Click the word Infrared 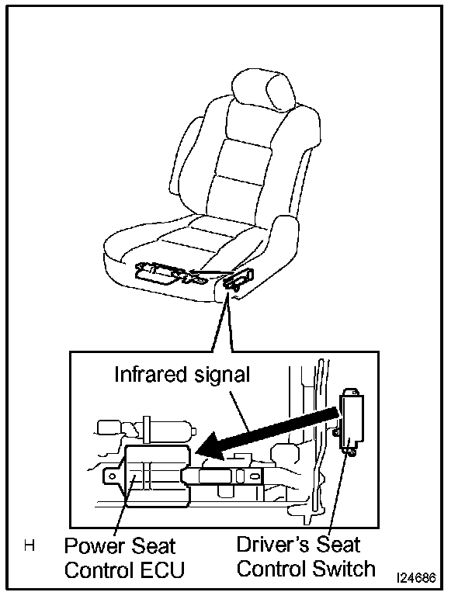click(148, 375)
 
